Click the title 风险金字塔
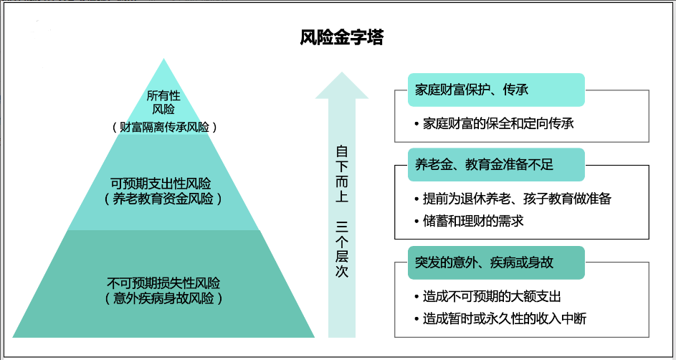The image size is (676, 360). pos(341,37)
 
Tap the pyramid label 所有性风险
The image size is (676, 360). pos(164,103)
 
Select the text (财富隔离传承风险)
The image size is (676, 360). pos(164,126)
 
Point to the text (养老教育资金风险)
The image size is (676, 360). pos(164,199)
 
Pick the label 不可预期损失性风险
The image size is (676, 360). pos(163,282)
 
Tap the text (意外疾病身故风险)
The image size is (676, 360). pos(163,298)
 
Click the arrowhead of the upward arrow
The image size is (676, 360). pos(342,82)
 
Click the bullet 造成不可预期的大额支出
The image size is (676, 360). pos(491,296)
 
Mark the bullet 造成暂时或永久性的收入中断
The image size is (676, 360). pos(504,318)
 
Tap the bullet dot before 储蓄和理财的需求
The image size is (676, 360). pos(416,221)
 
